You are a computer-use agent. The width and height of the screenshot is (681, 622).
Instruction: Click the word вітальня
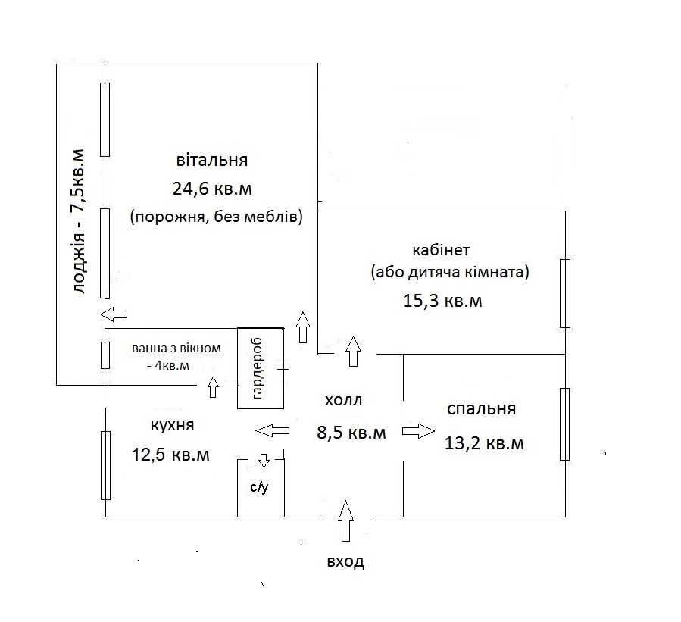click(212, 160)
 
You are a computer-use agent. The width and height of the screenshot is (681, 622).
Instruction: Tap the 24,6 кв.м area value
click(212, 189)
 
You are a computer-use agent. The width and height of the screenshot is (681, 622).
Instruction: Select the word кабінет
click(441, 250)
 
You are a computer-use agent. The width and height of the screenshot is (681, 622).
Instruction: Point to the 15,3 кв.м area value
click(442, 301)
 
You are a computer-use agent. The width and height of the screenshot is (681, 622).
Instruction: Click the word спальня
click(481, 408)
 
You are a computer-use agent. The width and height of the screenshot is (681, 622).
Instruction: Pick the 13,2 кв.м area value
click(484, 443)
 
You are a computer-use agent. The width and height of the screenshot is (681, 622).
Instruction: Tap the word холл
click(344, 400)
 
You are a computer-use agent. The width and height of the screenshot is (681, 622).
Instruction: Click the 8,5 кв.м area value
click(351, 433)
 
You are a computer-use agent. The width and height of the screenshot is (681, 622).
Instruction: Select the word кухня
click(173, 425)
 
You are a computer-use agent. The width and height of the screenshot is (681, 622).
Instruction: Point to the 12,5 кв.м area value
click(170, 455)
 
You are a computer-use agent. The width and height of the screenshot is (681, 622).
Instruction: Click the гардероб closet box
click(261, 368)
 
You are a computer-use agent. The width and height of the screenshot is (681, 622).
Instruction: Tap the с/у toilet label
click(259, 487)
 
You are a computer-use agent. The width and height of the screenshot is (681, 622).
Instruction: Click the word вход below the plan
click(345, 561)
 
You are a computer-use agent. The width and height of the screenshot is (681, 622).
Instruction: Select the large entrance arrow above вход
click(345, 520)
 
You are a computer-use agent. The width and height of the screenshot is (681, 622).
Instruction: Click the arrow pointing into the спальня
click(418, 431)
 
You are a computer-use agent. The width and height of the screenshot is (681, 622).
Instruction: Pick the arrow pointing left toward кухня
click(272, 431)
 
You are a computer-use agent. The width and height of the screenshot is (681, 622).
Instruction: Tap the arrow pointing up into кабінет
click(354, 352)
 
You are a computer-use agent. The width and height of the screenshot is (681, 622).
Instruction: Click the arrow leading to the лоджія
click(114, 314)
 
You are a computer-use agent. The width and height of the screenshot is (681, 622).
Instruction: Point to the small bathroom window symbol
click(105, 355)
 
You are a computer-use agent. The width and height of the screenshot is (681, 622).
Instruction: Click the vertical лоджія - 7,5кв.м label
click(79, 222)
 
